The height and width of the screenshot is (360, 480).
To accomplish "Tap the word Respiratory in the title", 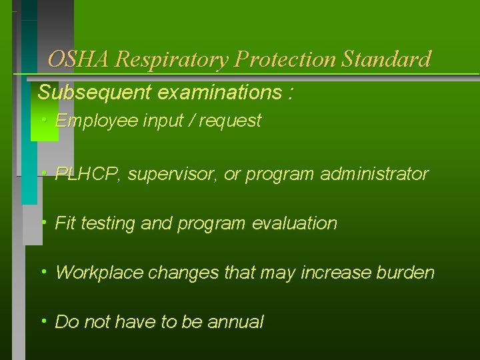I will tap(171, 59).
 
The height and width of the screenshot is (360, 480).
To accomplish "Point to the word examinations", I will tap(220, 93).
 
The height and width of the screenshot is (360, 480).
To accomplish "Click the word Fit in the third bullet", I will tap(65, 223).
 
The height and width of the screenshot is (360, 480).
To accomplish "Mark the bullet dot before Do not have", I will tap(43, 321).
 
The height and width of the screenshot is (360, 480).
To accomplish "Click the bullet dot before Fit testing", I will tap(43, 221).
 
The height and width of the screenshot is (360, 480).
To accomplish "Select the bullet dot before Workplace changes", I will tap(43, 271).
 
